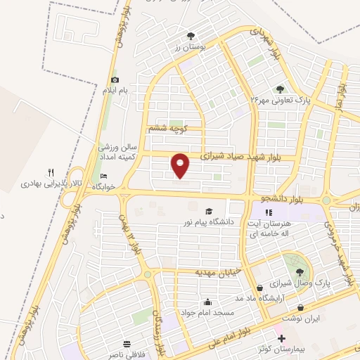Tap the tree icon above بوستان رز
tap(191, 36)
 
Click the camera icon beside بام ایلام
tap(115, 80)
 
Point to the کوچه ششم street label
tap(167, 129)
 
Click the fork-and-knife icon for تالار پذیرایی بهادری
tap(51, 172)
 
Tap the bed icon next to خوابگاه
tap(104, 176)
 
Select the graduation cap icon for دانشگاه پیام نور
tap(208, 212)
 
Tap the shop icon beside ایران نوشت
tap(300, 307)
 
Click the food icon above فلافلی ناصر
tap(127, 345)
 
